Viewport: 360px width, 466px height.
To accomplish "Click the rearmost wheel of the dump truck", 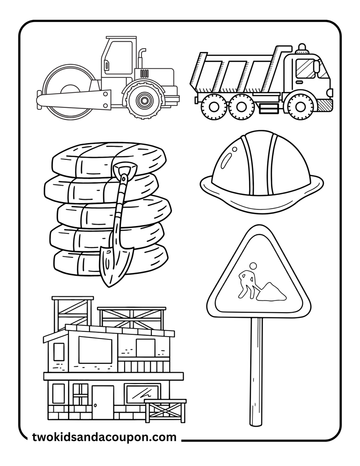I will coord(211,106).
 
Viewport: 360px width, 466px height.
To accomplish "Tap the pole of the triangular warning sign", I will coord(256,370).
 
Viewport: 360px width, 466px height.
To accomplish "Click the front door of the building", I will coord(103,401).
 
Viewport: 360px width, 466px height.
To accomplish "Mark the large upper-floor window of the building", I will coord(95,350).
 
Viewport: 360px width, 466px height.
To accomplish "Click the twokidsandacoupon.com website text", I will coord(104,437).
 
